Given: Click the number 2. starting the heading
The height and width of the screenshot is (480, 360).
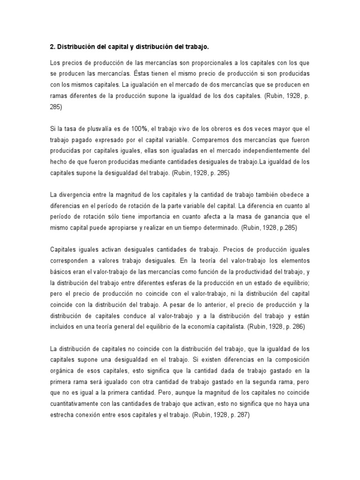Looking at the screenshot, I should tap(52, 47).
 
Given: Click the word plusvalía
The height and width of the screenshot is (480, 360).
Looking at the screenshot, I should tap(95, 128).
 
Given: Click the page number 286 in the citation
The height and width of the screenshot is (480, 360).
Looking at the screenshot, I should tap(296, 327).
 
